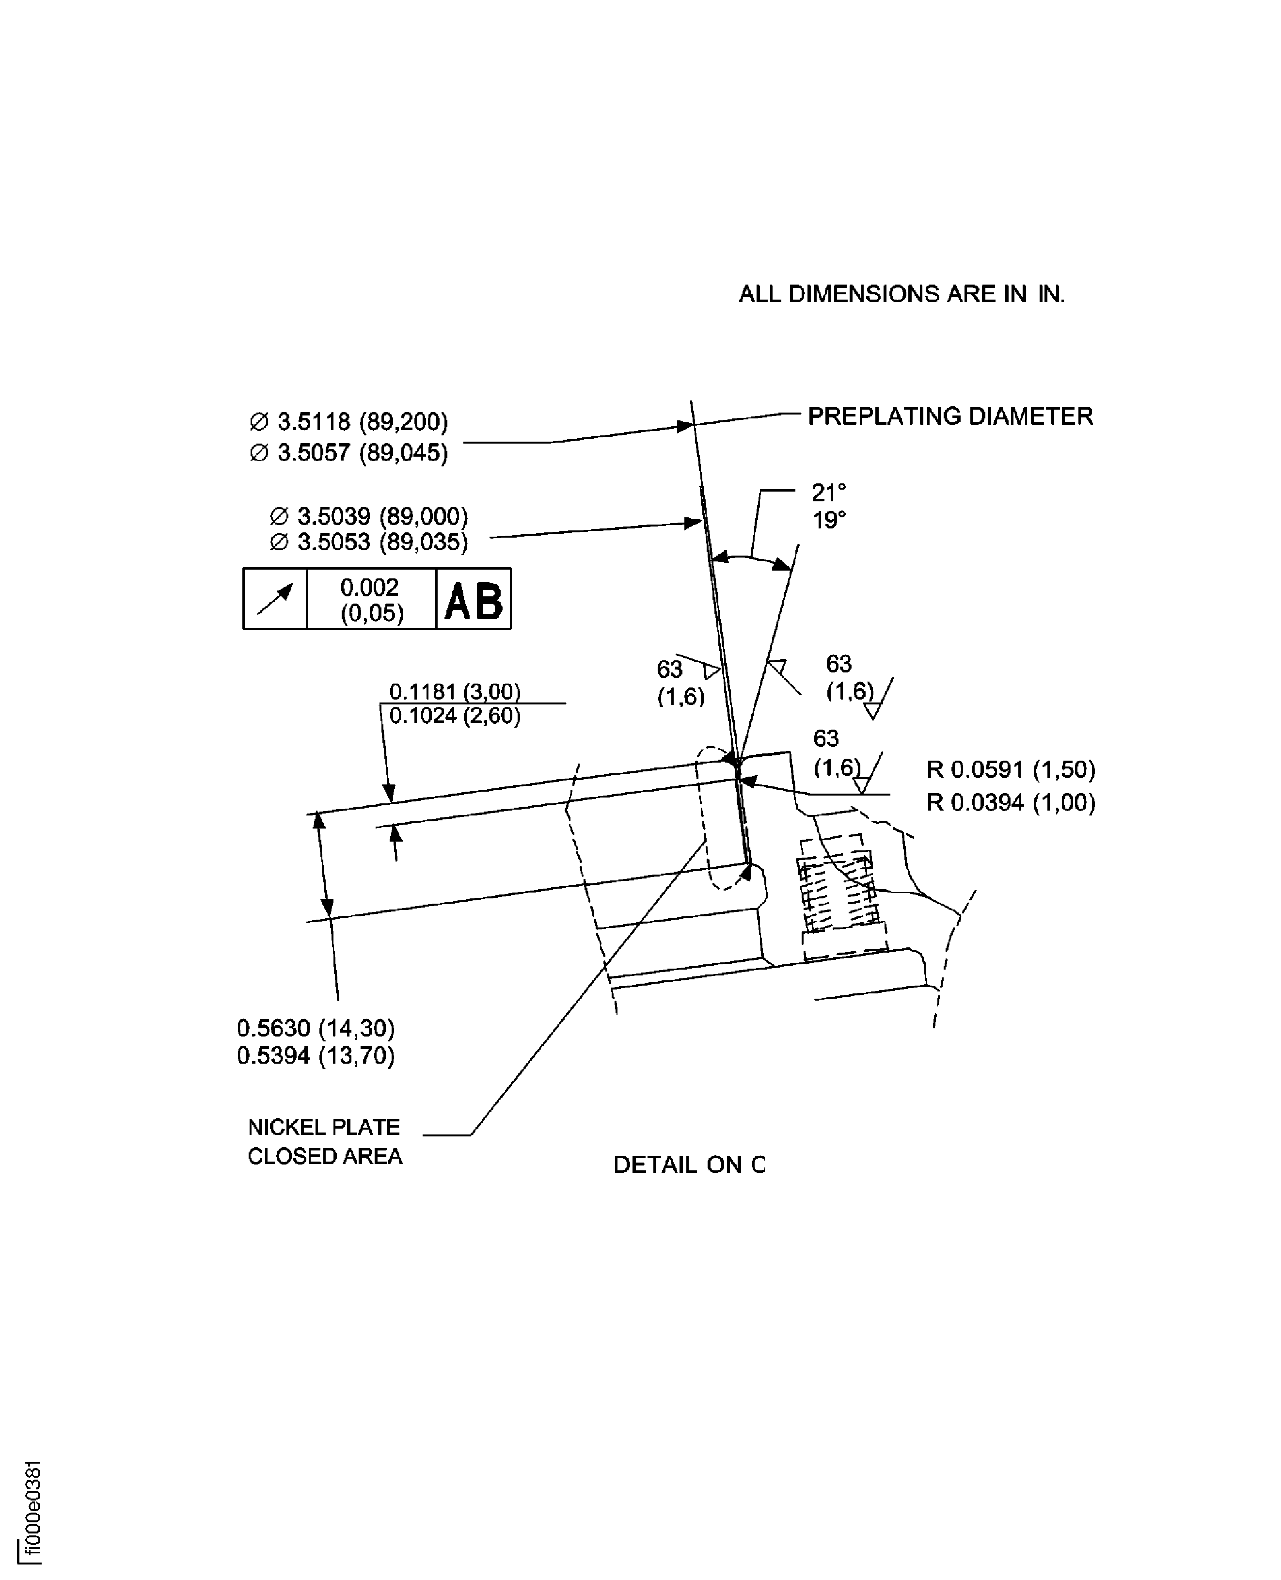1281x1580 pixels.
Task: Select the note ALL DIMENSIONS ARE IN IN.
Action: [x=901, y=294]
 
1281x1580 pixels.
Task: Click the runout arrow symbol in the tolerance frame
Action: [x=274, y=598]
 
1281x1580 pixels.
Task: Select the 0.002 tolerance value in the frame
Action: [x=370, y=588]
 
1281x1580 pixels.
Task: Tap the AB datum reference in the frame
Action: [x=473, y=601]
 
